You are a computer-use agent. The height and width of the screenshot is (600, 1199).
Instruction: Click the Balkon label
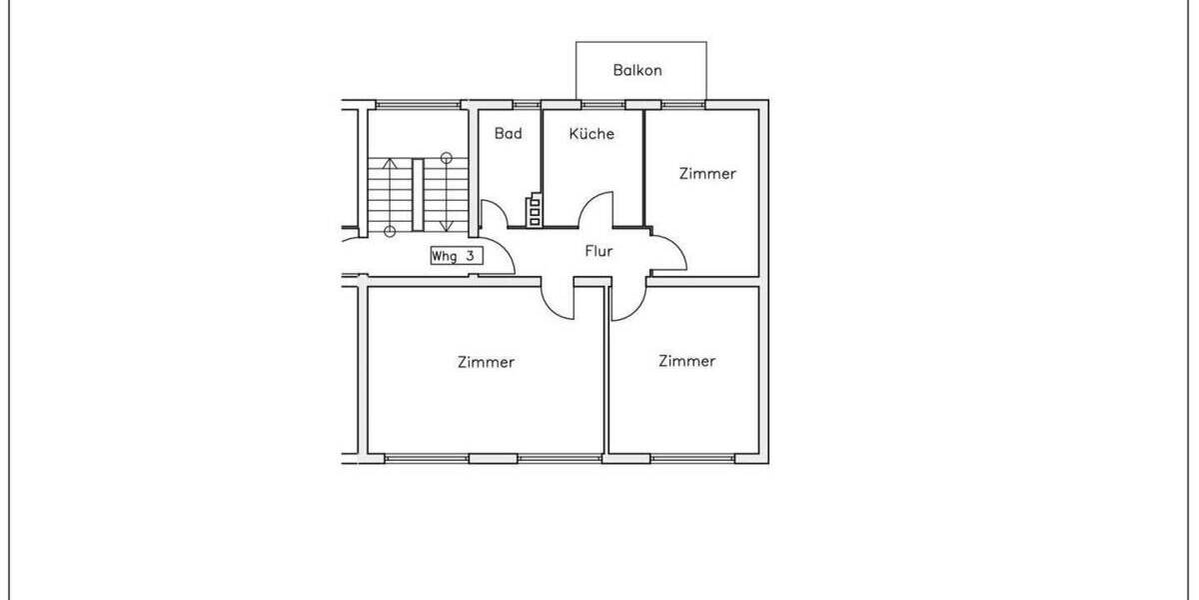[637, 71]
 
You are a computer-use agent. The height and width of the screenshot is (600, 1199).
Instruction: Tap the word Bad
[508, 133]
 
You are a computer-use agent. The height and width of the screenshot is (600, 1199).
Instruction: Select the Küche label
[592, 133]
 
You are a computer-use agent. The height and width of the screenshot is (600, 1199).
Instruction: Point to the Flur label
[599, 251]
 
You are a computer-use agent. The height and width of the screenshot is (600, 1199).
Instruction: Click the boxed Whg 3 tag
[457, 256]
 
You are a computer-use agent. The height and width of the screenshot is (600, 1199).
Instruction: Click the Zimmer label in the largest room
[486, 362]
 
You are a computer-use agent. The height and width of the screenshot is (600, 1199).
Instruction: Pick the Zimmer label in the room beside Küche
[707, 173]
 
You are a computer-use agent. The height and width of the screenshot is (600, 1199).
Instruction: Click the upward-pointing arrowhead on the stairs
[391, 163]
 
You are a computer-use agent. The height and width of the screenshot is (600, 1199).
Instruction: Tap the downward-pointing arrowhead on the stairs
[446, 225]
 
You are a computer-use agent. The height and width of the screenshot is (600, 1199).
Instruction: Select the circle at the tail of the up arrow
[391, 232]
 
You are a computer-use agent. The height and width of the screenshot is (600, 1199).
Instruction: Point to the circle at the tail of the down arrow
[446, 157]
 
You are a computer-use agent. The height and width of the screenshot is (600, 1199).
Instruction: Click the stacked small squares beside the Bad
[535, 211]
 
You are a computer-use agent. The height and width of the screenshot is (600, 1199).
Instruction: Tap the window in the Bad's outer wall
[526, 104]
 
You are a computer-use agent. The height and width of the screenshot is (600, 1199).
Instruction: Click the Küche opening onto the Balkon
[599, 104]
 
